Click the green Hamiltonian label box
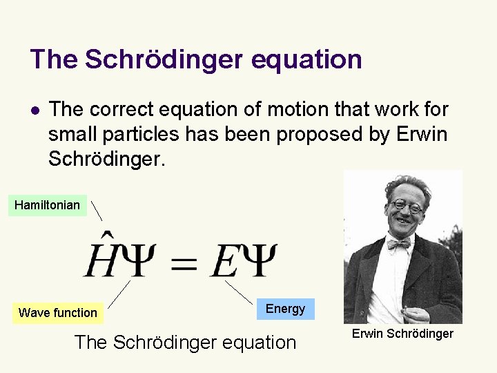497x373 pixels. pos(47,205)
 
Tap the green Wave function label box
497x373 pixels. pos(58,313)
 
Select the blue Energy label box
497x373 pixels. pos(285,309)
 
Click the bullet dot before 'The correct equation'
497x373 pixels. pos(36,110)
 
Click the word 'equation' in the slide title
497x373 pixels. pos(306,59)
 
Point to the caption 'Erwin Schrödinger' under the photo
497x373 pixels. pos(402,334)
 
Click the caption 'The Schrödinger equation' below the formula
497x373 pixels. pos(184,342)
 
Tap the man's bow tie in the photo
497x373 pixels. pos(398,243)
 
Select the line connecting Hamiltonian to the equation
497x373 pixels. pos(97,211)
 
